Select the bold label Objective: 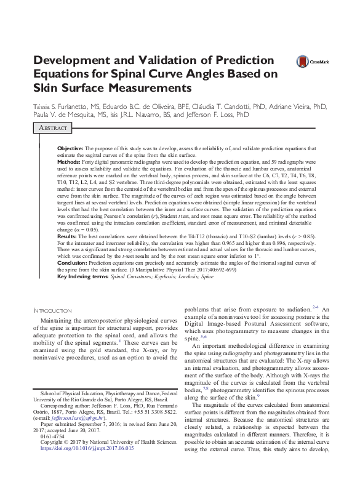click(70, 149)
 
